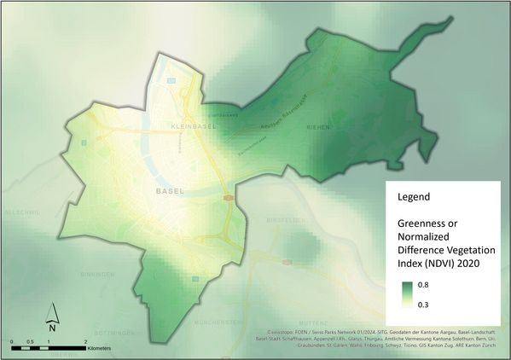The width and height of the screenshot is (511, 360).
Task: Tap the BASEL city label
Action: click(171, 192)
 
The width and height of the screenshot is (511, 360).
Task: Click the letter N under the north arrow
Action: click(52, 328)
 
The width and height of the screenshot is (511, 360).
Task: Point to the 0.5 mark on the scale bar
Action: click(31, 341)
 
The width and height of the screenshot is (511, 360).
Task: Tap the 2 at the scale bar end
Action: click(86, 341)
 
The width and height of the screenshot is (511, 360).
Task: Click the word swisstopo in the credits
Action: click(285, 329)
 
